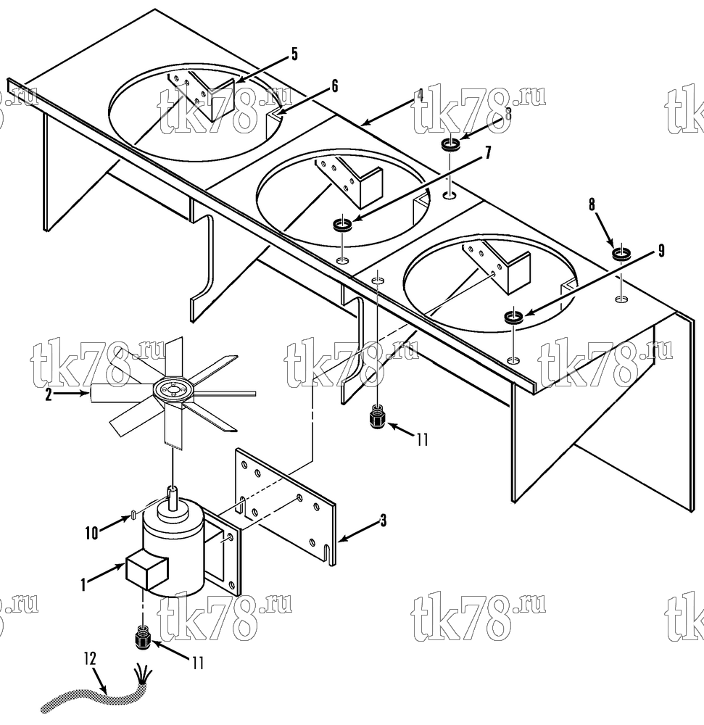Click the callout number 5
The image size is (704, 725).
coord(294,54)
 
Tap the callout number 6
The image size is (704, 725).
coord(335,86)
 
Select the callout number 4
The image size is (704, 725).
coord(419,96)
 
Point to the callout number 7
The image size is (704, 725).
coord(488,153)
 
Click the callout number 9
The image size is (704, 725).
coord(661,251)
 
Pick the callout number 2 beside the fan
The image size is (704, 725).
coord(48,396)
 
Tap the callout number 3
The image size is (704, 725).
coord(383,521)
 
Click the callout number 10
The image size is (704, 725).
coord(91,533)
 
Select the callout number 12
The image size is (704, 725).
coord(90,658)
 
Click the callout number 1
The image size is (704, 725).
coord(83,585)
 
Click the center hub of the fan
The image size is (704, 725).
coord(173,391)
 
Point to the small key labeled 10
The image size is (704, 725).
coord(133,515)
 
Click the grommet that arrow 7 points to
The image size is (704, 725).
coord(342,225)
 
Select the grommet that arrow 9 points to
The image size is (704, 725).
coord(513,318)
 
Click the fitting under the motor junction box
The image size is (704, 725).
coord(143,637)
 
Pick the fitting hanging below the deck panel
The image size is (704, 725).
coord(378,416)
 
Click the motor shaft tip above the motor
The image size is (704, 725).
coord(172,489)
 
